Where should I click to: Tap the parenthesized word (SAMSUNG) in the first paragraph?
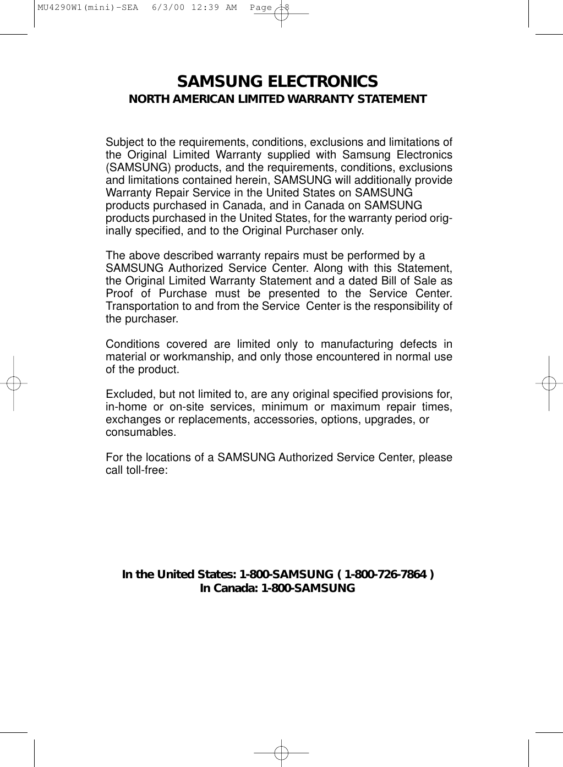[130, 167]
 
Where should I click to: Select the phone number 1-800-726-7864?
[385, 575]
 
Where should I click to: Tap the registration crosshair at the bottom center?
[281, 751]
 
